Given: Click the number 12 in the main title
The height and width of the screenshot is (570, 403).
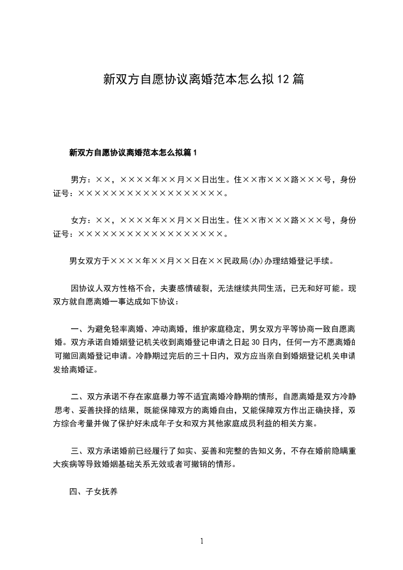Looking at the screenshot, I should point(283,79).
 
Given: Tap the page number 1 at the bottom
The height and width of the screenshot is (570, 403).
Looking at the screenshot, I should point(202,541).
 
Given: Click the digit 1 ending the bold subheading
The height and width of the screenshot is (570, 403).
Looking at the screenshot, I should point(195,152).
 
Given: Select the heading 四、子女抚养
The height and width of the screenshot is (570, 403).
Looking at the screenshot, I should point(94,492).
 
